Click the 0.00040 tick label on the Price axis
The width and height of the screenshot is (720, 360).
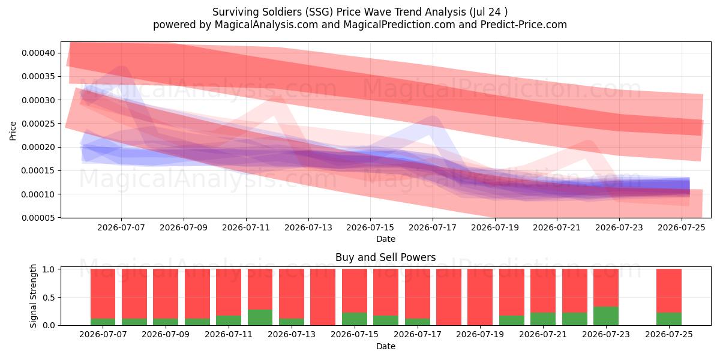38,53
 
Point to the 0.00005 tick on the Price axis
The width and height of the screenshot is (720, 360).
38,218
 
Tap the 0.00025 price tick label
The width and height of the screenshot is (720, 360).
38,124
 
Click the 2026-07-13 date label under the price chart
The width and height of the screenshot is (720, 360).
308,227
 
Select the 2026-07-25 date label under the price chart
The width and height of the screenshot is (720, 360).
682,227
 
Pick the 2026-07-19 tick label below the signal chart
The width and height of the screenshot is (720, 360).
480,334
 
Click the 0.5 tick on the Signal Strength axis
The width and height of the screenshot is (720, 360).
49,298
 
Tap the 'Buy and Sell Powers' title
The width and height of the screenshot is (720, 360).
386,257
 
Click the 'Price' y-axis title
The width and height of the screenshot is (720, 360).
13,131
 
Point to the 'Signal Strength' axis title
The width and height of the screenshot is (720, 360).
33,296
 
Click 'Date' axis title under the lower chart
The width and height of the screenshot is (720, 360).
386,346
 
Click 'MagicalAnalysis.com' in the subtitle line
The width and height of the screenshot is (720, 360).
266,25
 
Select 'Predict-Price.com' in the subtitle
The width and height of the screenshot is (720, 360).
524,25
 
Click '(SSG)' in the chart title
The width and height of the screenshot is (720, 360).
319,12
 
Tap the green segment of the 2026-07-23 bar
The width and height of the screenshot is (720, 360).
606,316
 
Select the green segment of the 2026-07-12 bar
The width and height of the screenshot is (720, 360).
260,317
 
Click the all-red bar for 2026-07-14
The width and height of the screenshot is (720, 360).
323,297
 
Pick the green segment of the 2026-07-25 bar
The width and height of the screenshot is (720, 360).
669,319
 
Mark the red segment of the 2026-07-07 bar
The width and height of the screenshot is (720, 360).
103,294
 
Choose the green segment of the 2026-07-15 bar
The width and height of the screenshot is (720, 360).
355,319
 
